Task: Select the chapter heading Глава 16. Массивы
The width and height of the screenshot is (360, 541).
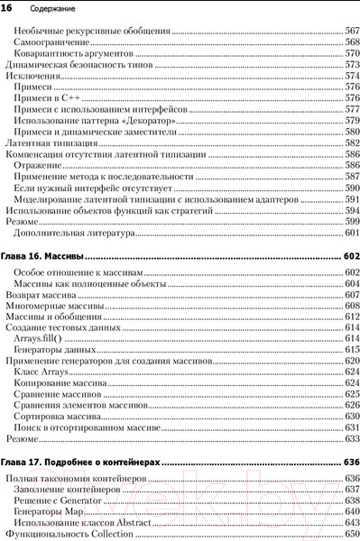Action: click(44, 256)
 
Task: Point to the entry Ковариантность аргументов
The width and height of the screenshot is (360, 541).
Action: click(74, 54)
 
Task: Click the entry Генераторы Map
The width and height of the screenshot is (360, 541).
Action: click(51, 512)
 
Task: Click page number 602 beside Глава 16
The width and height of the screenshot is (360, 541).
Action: click(350, 256)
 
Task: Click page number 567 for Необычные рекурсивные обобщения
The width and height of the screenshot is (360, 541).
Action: click(352, 32)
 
